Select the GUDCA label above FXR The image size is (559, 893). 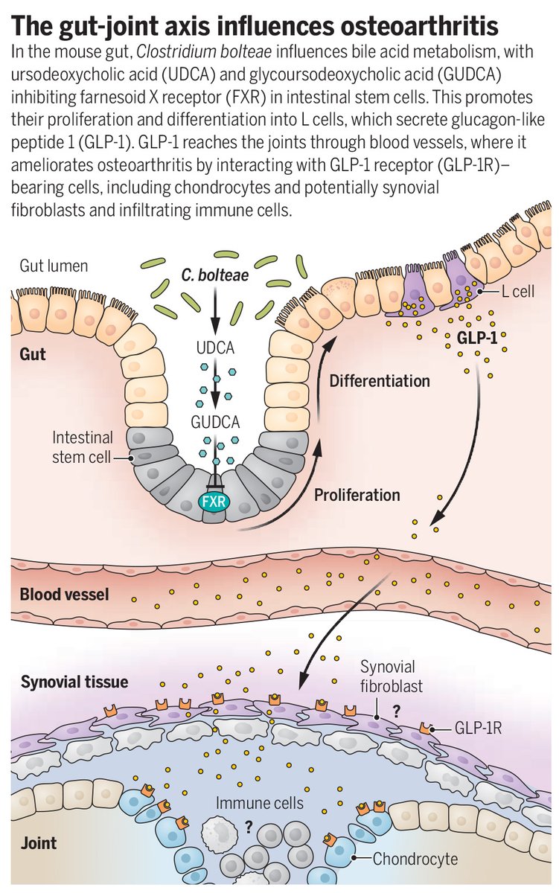pos(214,422)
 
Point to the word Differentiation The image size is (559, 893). pos(380,381)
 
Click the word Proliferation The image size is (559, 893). pos(357,494)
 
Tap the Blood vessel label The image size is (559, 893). pos(64,595)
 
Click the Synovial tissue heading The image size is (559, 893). pos(74,682)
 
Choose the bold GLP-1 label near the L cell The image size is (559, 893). pos(478,338)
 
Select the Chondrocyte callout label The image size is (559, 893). pos(415,860)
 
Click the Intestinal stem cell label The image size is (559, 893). pos(83,446)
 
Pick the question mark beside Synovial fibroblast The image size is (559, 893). pos(397,711)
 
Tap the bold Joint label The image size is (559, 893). pos(39,844)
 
